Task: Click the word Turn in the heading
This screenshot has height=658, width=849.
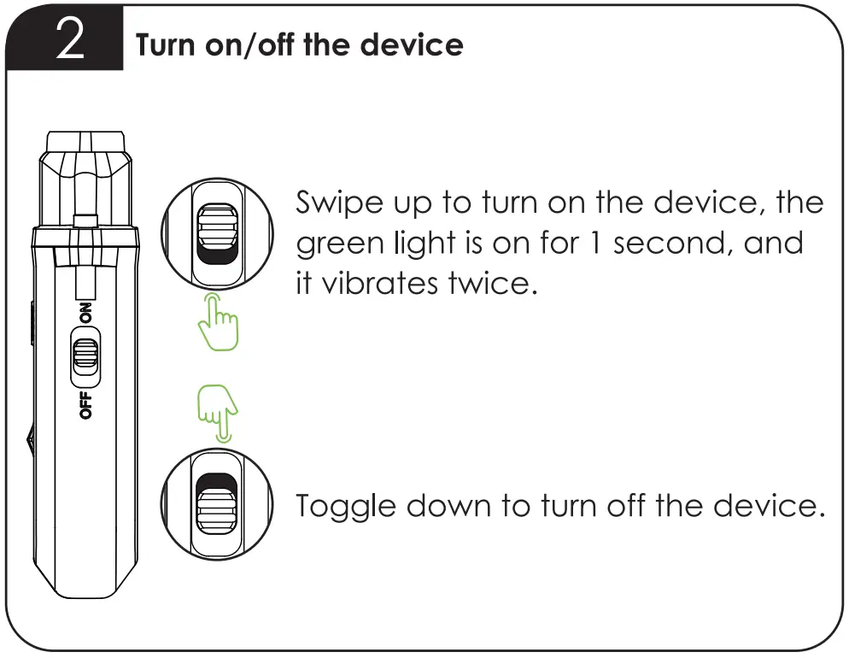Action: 166,44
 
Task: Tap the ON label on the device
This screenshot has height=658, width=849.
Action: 85,314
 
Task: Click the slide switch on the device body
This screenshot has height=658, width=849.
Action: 85,355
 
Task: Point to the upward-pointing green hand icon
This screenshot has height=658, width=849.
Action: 218,325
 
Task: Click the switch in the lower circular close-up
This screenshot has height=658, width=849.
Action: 218,504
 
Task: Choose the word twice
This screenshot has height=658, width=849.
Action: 494,283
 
